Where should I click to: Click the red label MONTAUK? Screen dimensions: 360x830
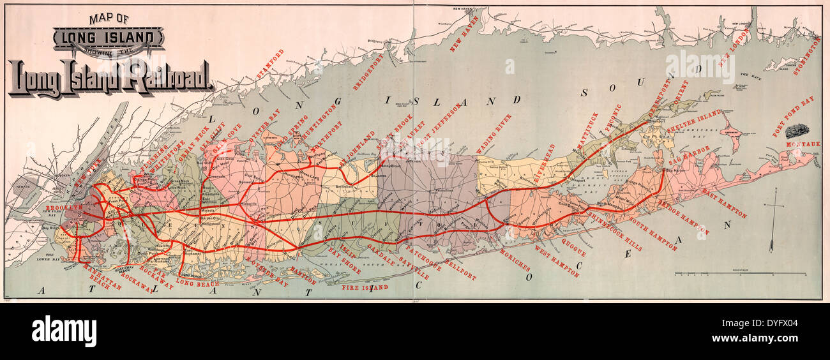[x=803, y=144]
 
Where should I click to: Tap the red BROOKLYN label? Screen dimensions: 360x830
[x=63, y=208]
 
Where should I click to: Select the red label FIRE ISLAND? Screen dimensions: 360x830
[x=365, y=288]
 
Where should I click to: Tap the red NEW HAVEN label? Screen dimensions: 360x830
[x=464, y=36]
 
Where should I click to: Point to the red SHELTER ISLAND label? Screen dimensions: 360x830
[x=693, y=122]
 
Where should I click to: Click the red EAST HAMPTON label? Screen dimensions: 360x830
[x=723, y=204]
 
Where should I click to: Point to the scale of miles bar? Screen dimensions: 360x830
[x=740, y=273]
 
